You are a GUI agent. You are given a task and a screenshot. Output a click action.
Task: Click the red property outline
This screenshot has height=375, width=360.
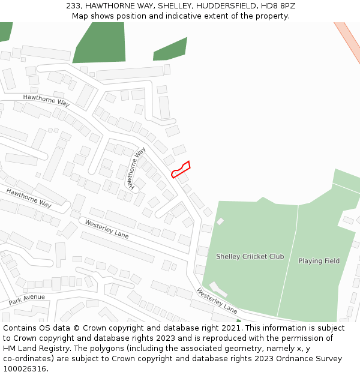click(181, 170)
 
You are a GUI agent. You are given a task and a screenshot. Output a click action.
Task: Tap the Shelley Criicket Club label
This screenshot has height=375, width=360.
click(250, 257)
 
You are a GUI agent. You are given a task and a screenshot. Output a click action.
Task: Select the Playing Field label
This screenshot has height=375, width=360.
click(319, 261)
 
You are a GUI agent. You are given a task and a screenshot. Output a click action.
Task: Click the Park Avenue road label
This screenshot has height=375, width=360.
click(26, 299)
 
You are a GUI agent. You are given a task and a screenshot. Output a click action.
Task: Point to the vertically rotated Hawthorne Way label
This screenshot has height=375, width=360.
click(136, 167)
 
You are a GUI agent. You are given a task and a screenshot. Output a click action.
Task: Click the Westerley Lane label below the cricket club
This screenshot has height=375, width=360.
click(217, 301)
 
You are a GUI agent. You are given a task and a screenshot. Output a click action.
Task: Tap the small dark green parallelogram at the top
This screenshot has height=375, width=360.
click(170, 49)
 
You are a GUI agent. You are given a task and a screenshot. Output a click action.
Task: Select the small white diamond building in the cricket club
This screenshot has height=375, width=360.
click(220, 221)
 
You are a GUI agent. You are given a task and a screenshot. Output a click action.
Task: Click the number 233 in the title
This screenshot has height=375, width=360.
click(74, 6)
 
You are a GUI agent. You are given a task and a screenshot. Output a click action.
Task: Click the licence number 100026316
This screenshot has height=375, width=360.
click(25, 369)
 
